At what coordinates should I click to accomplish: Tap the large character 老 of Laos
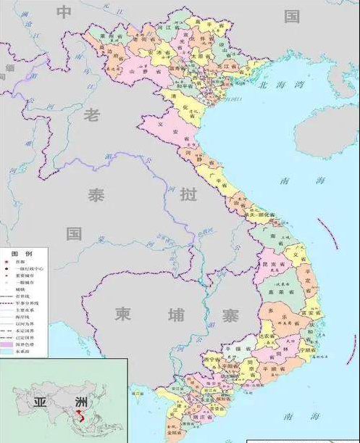93,114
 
